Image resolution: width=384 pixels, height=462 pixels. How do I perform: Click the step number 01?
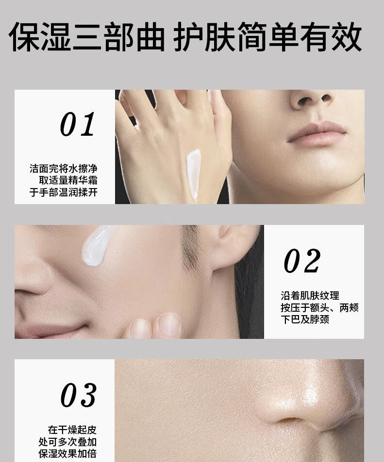78,124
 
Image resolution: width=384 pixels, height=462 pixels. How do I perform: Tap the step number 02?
302,260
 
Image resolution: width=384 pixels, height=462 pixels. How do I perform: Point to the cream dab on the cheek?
96,244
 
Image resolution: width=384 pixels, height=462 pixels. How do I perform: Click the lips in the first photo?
317,133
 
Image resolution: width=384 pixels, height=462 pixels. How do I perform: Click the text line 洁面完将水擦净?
63,169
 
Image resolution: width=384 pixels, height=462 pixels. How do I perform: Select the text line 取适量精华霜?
68,180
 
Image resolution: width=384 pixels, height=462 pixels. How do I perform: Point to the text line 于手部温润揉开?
63,192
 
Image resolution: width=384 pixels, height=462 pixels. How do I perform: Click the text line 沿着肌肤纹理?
310,296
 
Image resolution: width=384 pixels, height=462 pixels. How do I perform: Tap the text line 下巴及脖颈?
305,319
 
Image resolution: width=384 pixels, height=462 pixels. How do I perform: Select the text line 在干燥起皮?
72,430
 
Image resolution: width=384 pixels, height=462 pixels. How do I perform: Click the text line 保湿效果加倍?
67,453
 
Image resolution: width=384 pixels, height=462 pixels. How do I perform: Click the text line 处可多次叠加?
67,442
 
